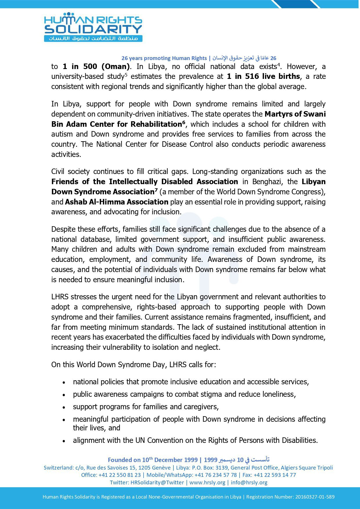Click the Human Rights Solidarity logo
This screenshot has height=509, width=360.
pos(93,27)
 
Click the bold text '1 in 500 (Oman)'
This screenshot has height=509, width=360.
pos(96,67)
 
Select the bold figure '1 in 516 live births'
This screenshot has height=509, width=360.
pos(263,77)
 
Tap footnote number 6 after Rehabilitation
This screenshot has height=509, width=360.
pos(183,122)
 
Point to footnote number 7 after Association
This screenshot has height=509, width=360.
pos(156,190)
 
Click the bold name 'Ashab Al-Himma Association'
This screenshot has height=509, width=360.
pos(117,202)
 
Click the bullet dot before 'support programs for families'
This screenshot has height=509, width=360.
pos(64,407)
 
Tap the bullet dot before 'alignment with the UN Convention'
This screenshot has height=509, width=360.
pos(64,441)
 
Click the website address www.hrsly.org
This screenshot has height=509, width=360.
pos(207,482)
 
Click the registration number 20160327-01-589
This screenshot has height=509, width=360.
pos(315,497)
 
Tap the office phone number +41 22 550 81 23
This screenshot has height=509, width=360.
pos(120,475)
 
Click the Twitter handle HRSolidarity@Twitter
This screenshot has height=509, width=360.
pos(157,482)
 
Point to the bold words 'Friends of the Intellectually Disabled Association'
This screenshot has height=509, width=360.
pos(144,182)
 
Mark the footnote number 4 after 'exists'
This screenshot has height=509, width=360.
pos(278,65)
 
